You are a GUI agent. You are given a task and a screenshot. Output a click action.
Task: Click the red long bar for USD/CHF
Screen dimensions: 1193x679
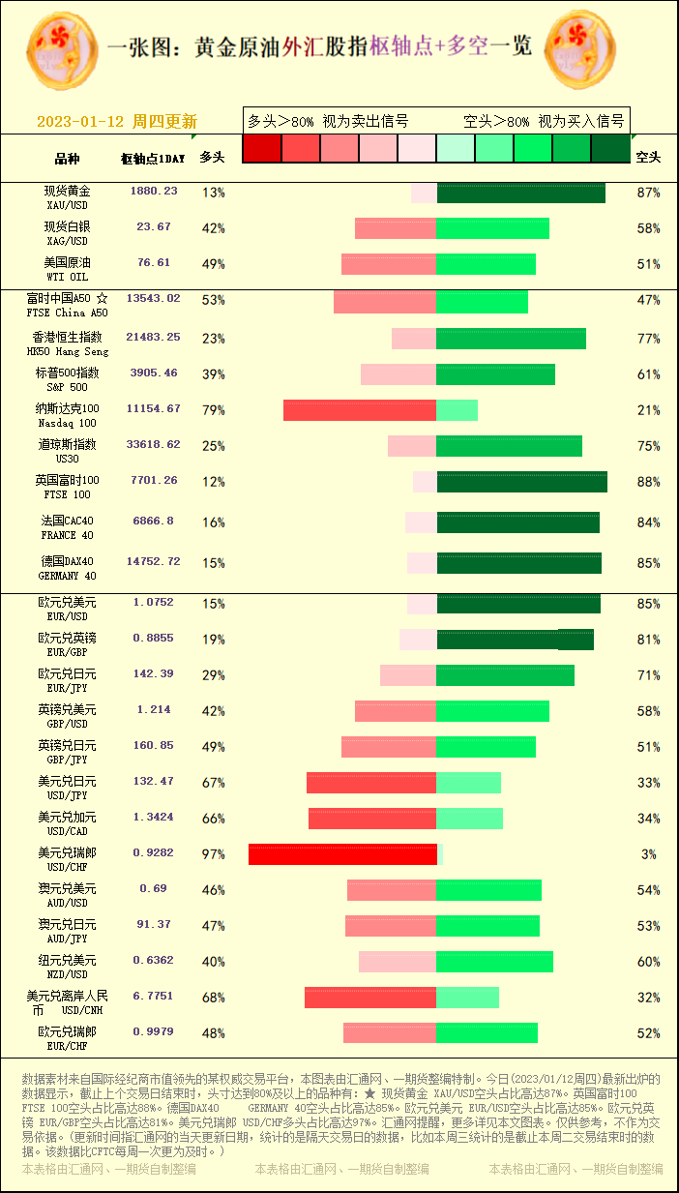(x=342, y=854)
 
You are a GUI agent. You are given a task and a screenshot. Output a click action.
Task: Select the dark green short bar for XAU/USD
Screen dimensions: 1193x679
(x=520, y=193)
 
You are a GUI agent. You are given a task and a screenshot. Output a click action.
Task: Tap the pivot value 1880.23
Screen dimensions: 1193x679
(x=154, y=192)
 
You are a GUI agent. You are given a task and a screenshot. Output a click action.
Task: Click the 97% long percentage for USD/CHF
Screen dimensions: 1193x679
(x=213, y=854)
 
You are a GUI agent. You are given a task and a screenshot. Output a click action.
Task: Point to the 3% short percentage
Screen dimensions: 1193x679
(x=648, y=854)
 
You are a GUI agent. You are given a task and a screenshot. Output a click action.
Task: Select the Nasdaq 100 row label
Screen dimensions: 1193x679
(x=68, y=415)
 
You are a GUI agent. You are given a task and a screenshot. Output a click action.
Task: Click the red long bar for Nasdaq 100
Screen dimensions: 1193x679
(x=360, y=410)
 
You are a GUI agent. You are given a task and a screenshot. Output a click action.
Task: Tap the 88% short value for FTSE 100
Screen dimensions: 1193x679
(x=648, y=482)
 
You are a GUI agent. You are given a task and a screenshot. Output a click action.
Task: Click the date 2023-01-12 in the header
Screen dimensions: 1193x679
(x=79, y=122)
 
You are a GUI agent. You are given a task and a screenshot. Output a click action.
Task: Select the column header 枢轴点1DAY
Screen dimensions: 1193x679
(x=153, y=158)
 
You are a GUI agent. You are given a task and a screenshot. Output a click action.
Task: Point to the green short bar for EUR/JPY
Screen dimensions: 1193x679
(x=505, y=675)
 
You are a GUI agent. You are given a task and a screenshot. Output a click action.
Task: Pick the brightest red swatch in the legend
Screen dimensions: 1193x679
(x=261, y=148)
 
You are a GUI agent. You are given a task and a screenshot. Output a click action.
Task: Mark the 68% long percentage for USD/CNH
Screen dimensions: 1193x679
(x=213, y=998)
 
